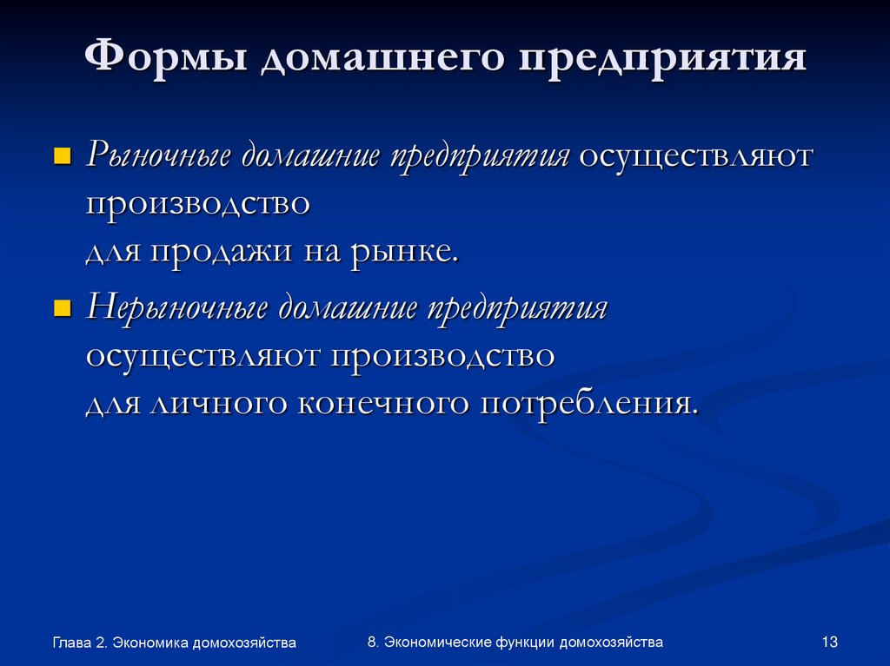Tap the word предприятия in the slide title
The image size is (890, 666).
click(661, 60)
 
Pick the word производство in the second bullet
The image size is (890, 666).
click(441, 357)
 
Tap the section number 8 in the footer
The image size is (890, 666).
click(372, 642)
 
